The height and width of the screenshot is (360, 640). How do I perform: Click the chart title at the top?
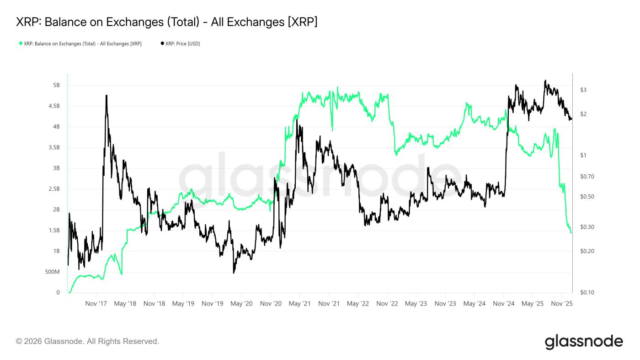(x=167, y=22)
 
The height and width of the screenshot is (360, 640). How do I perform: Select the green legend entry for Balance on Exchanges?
(x=80, y=44)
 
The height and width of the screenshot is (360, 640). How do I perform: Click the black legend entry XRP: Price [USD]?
(x=180, y=44)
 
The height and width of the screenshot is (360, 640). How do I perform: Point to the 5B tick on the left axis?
(x=56, y=86)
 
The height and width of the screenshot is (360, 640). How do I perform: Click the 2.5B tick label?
(x=53, y=189)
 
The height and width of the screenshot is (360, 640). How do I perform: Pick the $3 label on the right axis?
(x=583, y=90)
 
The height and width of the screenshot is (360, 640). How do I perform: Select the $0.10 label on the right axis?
(x=587, y=292)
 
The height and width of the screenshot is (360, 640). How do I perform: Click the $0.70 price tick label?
(x=587, y=177)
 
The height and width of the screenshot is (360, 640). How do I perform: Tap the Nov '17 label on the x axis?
(x=96, y=304)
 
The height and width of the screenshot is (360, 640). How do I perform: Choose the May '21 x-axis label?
(x=300, y=304)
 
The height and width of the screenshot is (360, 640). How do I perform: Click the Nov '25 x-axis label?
(x=562, y=304)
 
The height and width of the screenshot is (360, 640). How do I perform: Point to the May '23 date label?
(x=416, y=304)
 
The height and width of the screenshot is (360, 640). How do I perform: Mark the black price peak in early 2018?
(x=107, y=95)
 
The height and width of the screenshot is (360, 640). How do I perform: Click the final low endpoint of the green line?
(x=571, y=233)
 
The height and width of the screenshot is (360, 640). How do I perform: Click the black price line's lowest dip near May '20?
(x=234, y=273)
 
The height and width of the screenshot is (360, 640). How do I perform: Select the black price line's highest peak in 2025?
(x=545, y=81)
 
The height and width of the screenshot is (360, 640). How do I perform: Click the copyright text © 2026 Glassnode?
(x=87, y=341)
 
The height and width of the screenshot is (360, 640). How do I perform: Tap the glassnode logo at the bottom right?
(x=584, y=342)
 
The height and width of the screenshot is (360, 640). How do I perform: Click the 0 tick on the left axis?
(x=58, y=293)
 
